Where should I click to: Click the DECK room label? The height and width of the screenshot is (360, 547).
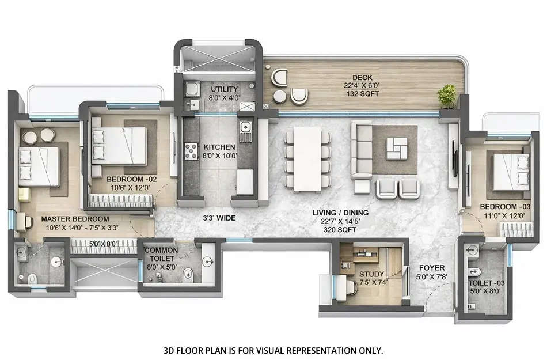pyautogui.click(x=363, y=78)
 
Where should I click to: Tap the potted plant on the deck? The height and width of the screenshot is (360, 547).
pyautogui.click(x=446, y=95)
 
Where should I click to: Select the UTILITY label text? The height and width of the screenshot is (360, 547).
pyautogui.click(x=222, y=90)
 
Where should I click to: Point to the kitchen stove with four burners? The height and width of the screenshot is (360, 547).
pyautogui.click(x=191, y=150)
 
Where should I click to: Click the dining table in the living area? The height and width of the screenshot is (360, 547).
pyautogui.click(x=307, y=158)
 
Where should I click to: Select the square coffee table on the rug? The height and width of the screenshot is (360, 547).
pyautogui.click(x=395, y=148)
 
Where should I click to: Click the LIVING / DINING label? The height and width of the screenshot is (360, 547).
pyautogui.click(x=340, y=213)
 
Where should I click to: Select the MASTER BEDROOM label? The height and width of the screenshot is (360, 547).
pyautogui.click(x=75, y=219)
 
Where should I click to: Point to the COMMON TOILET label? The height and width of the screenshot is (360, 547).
pyautogui.click(x=161, y=255)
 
